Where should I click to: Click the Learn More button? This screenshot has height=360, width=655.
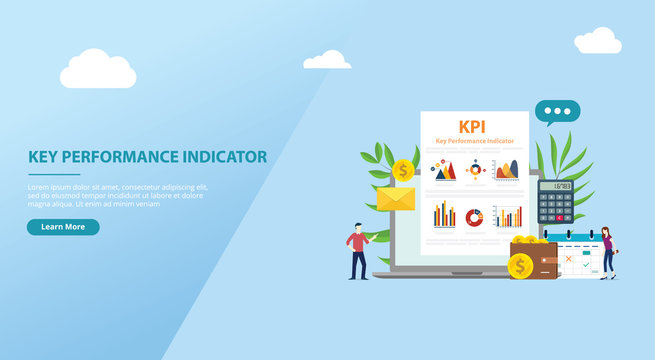pos(63,227)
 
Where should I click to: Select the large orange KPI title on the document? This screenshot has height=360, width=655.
pos(472,127)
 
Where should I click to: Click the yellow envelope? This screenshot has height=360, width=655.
pos(395,198)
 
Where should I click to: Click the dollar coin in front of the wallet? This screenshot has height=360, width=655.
pos(520,266)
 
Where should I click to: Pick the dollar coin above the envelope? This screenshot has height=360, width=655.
pos(403,170)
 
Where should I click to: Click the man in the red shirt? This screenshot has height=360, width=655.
pos(357,250)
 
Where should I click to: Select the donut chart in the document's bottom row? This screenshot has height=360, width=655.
pos(474,217)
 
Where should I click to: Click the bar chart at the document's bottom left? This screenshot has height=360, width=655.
pos(444,214)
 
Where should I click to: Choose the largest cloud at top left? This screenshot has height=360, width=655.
pos(98,70)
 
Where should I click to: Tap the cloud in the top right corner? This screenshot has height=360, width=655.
pos(598,41)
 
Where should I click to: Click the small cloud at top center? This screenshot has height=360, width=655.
pos(327,60)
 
